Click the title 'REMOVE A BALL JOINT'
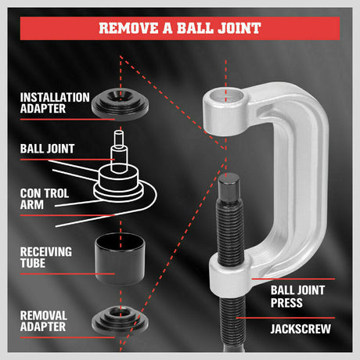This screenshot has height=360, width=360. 180,29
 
